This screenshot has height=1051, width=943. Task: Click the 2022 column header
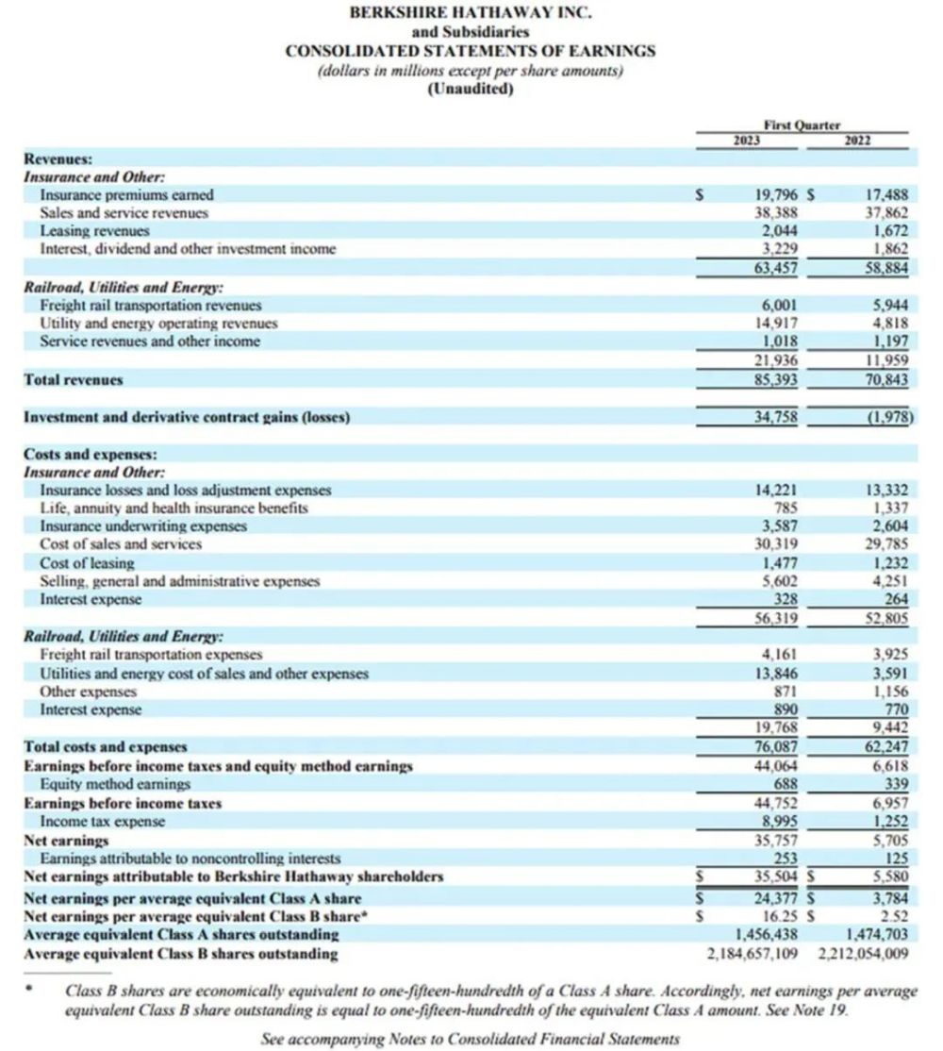(x=858, y=141)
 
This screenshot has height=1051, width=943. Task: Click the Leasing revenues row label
(x=94, y=230)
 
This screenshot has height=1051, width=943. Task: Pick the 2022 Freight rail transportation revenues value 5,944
(x=888, y=306)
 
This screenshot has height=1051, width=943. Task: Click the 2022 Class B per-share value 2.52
(x=894, y=915)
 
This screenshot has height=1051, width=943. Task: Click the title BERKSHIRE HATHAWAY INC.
(x=471, y=14)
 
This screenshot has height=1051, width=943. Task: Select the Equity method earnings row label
(x=115, y=784)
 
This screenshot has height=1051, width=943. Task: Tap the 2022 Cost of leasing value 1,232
(x=888, y=563)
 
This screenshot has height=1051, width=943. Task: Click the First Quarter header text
(x=802, y=125)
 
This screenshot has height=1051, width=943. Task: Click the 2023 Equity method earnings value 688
(x=786, y=784)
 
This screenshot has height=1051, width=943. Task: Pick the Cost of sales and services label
(x=121, y=544)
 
